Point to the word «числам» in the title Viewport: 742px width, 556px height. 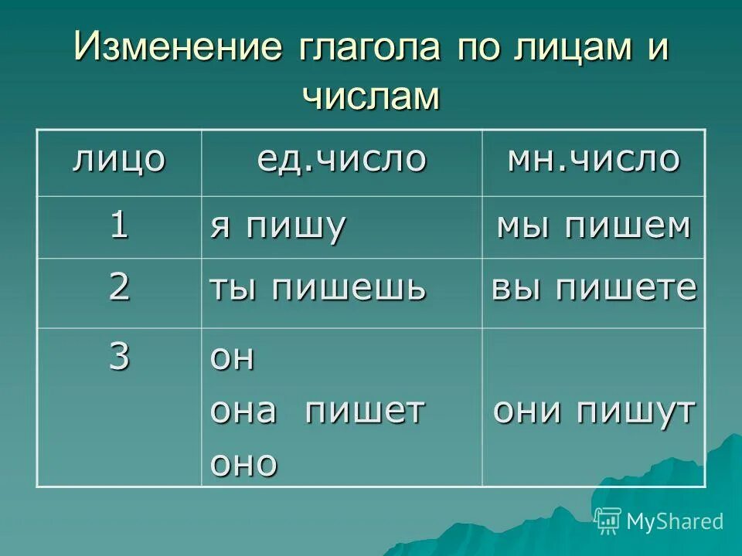(x=370, y=97)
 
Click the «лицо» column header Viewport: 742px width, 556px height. (x=119, y=160)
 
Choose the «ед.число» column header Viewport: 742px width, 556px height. (x=341, y=160)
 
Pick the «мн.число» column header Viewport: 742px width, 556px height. (x=593, y=160)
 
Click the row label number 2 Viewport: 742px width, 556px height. (x=119, y=287)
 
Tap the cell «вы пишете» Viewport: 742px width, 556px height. (x=594, y=289)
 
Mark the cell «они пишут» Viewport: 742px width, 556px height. (x=594, y=411)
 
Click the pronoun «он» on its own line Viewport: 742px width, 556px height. (x=232, y=359)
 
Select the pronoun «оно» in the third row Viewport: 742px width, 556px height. (x=243, y=463)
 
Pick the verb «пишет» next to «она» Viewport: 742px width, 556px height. (x=364, y=411)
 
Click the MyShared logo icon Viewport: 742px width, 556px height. (x=608, y=521)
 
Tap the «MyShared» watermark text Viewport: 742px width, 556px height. (x=675, y=521)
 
